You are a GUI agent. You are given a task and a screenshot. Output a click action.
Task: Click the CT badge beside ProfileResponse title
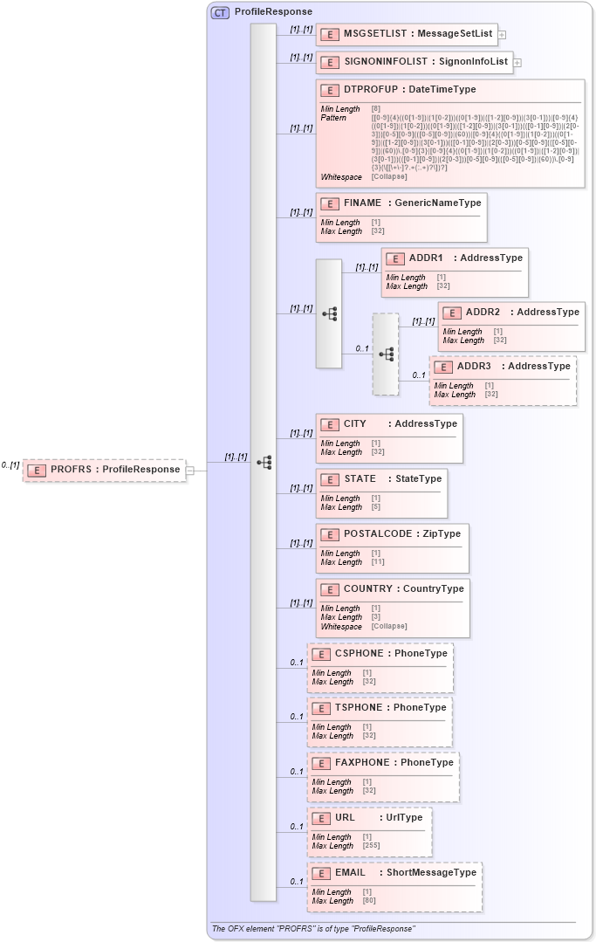(x=220, y=12)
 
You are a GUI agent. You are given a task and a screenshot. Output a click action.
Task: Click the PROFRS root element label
(x=71, y=470)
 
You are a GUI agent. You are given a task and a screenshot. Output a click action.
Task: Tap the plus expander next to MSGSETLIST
(x=503, y=35)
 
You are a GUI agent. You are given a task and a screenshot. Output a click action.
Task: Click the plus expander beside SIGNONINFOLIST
(x=517, y=63)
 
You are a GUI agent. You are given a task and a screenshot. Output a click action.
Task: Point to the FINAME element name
(x=362, y=203)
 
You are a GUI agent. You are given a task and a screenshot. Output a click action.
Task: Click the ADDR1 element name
(x=426, y=258)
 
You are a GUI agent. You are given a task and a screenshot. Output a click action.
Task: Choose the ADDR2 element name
(x=483, y=312)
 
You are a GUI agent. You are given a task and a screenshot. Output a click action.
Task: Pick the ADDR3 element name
(x=474, y=366)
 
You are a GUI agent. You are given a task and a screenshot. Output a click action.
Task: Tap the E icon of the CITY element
(x=330, y=424)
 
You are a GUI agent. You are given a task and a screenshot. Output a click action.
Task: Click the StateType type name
(x=418, y=478)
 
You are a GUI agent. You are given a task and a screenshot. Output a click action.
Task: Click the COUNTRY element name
(x=368, y=588)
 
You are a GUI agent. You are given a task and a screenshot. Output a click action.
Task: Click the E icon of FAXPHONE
(x=321, y=763)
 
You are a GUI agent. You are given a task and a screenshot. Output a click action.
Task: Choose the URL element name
(x=345, y=817)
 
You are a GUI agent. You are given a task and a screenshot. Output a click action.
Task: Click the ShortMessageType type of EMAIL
(x=432, y=872)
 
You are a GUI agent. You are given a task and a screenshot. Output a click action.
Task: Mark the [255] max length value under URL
(x=373, y=845)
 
